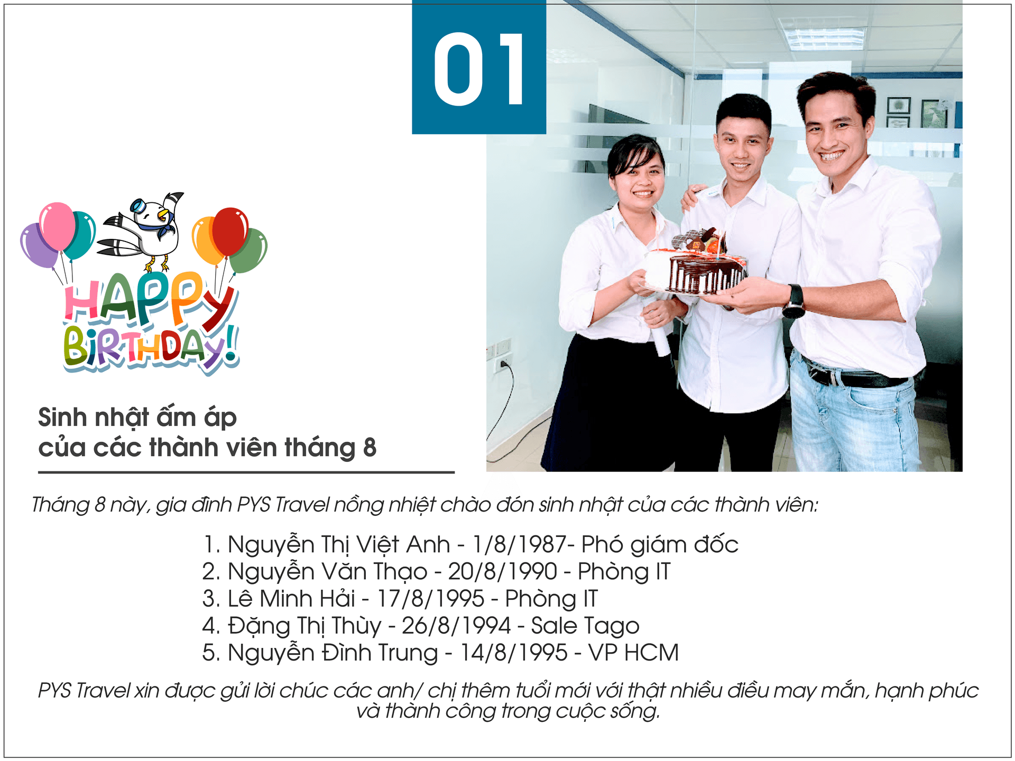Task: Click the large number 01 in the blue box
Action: coord(479,69)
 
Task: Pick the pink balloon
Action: coord(58,226)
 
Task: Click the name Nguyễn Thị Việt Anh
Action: coord(339,545)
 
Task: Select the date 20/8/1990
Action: coord(502,571)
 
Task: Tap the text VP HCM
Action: coord(633,653)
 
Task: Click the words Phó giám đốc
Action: coord(660,545)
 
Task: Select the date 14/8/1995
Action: coord(513,653)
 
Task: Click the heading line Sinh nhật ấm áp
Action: coord(137,417)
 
